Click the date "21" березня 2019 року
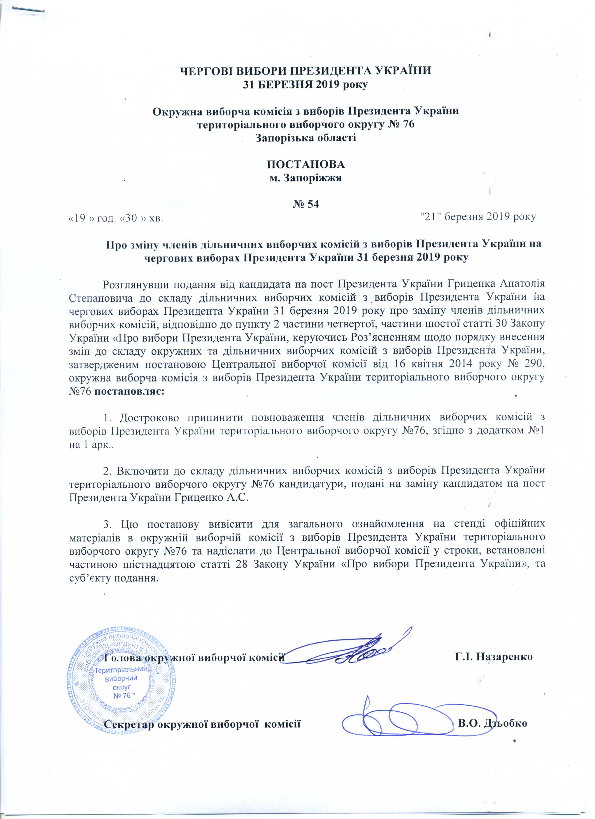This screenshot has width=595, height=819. coord(478,216)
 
